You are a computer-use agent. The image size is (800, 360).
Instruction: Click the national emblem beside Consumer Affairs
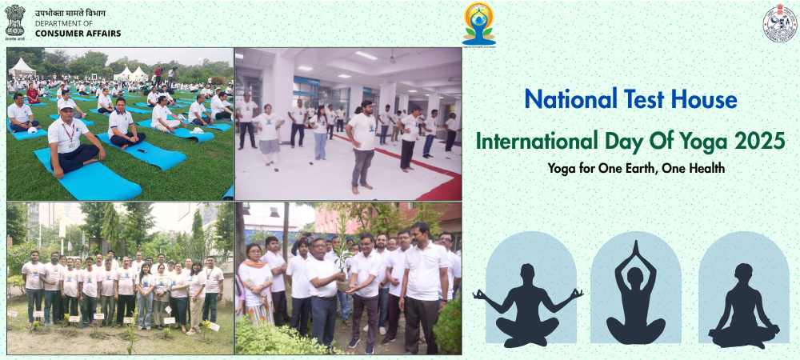pos(15,21)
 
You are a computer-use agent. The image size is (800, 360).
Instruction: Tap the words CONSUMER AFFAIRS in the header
pos(78,33)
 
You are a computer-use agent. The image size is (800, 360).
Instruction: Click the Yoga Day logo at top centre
pos(479,23)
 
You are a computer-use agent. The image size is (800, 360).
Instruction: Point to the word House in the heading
pos(706,100)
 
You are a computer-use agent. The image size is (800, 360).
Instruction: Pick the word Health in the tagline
pos(706,170)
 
